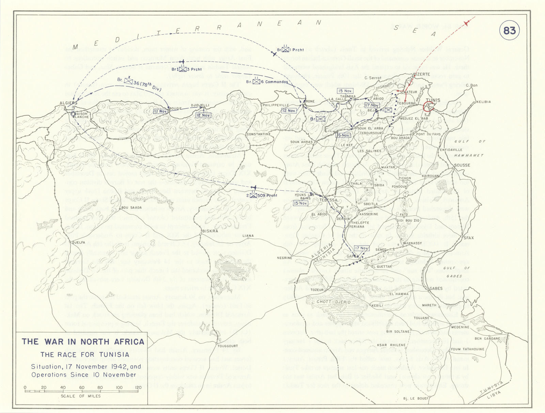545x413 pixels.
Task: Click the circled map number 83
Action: pyautogui.click(x=509, y=31)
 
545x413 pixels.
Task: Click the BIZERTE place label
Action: pyautogui.click(x=421, y=74)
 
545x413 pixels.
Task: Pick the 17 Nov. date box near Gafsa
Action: pyautogui.click(x=361, y=248)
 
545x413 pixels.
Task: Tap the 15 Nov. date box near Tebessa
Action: pyautogui.click(x=300, y=203)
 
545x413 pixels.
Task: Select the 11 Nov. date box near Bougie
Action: pyautogui.click(x=160, y=111)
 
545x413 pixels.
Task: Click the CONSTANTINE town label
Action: pyautogui.click(x=258, y=134)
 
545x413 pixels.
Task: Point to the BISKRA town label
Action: pyautogui.click(x=210, y=231)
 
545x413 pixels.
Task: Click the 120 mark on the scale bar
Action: pyautogui.click(x=138, y=388)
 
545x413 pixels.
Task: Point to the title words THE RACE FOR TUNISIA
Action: pyautogui.click(x=85, y=355)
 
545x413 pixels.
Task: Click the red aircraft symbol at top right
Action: pyautogui.click(x=467, y=23)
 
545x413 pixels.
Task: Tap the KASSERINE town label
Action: pyautogui.click(x=369, y=214)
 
